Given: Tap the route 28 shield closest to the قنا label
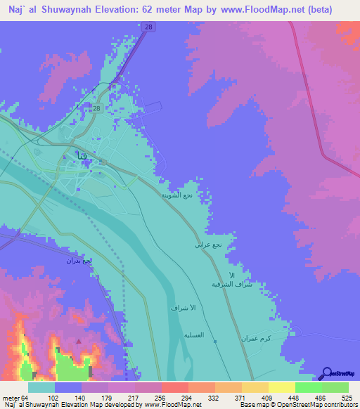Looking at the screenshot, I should point(97,108).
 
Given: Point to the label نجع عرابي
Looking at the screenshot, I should point(208,245).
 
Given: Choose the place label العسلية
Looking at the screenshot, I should point(193,335).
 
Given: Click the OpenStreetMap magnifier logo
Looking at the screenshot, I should point(326,372).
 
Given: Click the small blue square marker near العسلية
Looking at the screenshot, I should point(215,342).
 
